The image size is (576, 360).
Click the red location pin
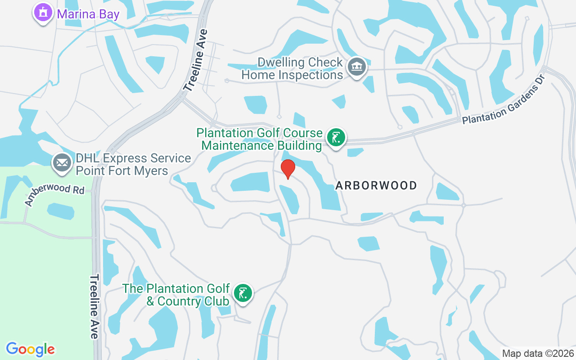point(288,169)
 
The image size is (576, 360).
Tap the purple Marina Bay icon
point(43,13)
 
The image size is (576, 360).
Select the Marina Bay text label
point(88,14)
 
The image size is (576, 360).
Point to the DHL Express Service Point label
point(133,165)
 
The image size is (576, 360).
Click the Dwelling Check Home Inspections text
point(292,69)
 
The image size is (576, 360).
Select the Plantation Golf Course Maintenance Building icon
point(335,138)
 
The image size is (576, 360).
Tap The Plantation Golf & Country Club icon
point(243,294)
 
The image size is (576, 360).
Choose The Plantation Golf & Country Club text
point(177,295)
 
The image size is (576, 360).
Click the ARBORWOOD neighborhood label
point(376,185)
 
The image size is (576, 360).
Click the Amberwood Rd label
point(54,195)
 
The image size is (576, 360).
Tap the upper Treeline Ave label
point(197,60)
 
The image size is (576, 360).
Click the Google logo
point(31,349)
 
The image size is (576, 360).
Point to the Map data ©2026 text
point(538,354)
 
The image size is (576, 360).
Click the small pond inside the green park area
point(60,211)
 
